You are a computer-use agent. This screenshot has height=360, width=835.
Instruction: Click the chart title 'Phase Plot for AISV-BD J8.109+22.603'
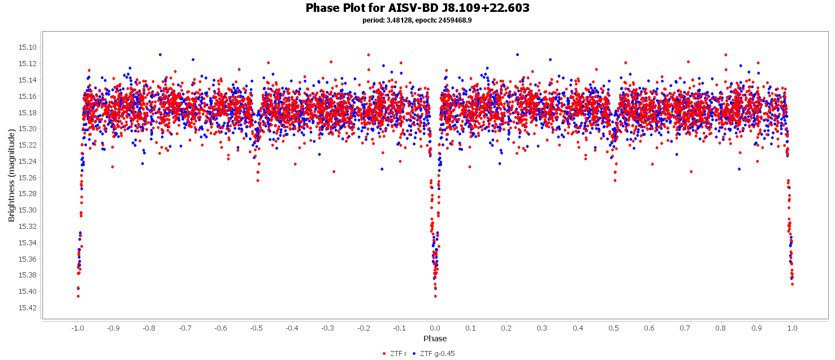click(x=417, y=8)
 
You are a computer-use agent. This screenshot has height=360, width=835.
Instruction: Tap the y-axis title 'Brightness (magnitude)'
click(x=11, y=175)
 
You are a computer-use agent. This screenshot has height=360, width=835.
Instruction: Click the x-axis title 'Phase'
click(x=435, y=339)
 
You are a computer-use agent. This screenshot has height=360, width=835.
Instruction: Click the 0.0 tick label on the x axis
click(x=435, y=328)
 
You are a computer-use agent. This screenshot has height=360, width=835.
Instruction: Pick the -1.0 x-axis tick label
click(x=77, y=328)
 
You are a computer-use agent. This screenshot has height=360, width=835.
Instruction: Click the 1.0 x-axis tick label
click(x=792, y=328)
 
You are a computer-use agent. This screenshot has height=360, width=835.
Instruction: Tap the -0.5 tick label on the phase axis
click(x=256, y=328)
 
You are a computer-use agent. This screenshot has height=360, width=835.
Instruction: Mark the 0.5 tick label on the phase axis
click(x=613, y=328)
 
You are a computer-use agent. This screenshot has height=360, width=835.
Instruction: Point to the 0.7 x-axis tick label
click(x=685, y=328)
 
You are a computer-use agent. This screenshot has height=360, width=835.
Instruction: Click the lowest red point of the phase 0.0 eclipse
click(x=435, y=296)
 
